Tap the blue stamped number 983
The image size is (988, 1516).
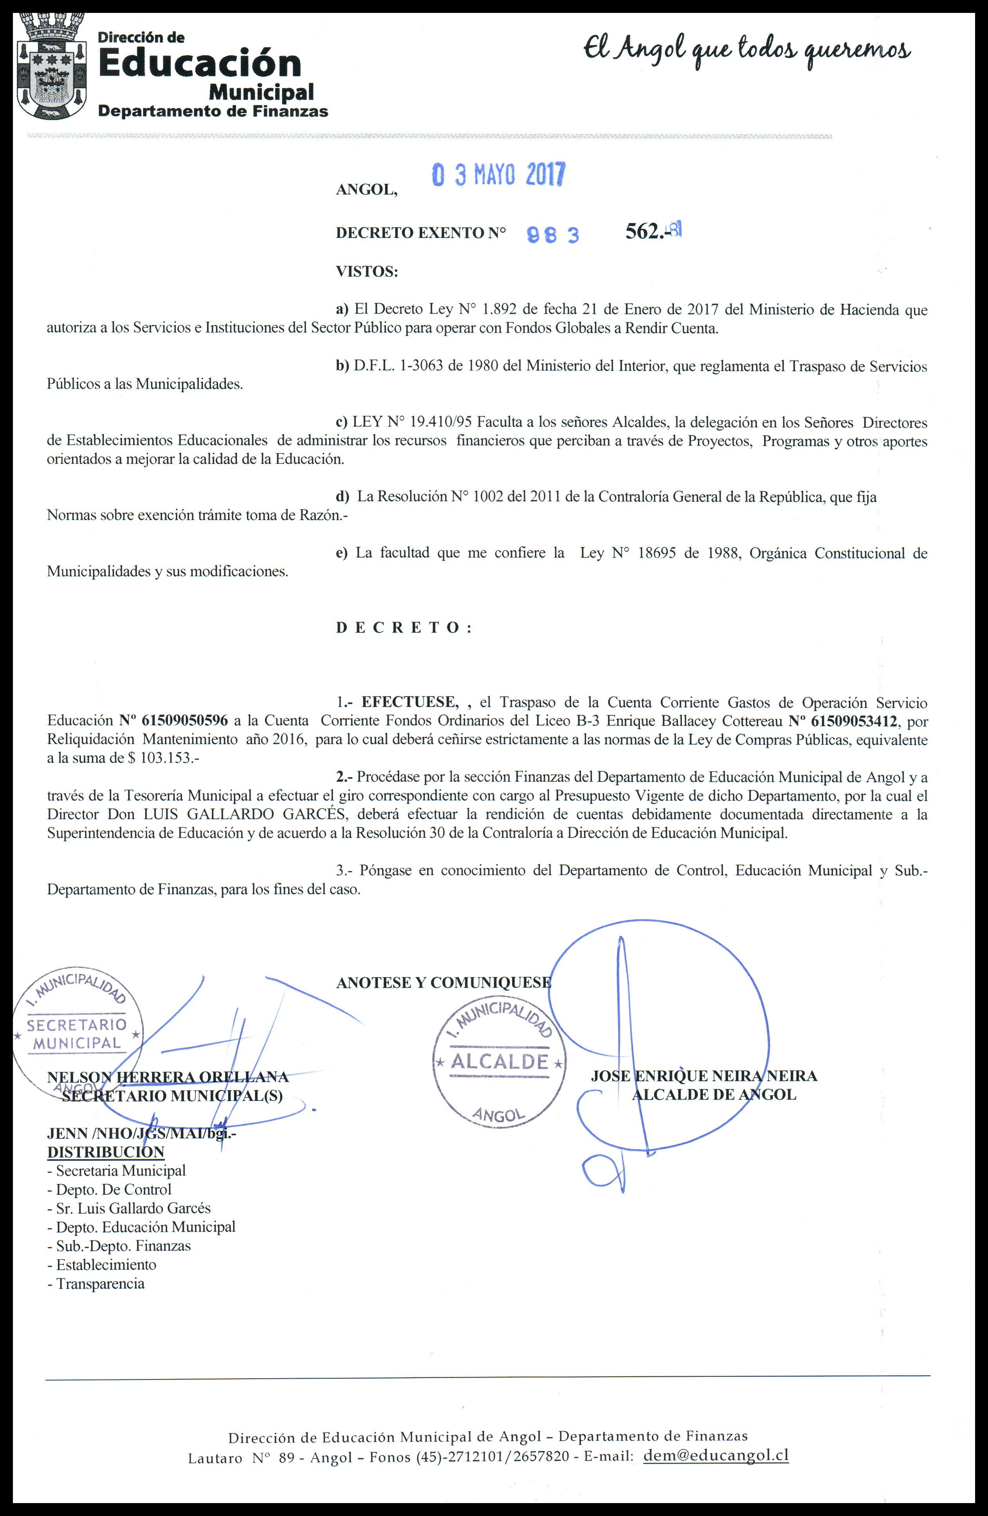coord(553,235)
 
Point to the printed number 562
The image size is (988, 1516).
coord(644,232)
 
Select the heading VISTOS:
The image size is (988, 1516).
coord(366,272)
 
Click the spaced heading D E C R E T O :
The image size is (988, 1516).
coord(404,627)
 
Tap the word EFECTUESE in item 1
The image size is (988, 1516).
coord(409,702)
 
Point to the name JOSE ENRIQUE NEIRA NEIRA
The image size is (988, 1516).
coord(703,1076)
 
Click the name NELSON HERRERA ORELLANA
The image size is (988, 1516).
coord(168,1077)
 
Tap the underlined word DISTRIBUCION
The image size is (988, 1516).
coord(106,1152)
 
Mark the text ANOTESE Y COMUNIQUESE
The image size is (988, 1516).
coord(444,982)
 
